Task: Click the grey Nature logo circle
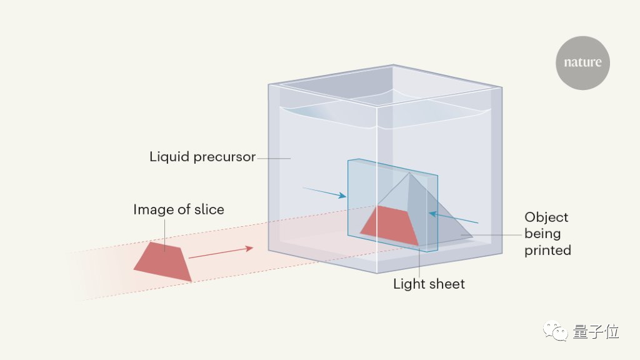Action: coord(582,62)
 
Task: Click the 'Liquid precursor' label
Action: coord(202,157)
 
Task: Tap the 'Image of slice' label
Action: coord(178,210)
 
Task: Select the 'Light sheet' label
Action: coord(429,284)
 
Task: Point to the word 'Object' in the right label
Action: coord(546,217)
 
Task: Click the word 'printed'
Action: coord(547,251)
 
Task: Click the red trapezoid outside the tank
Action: coord(162,261)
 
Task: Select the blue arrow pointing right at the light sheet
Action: coord(324,191)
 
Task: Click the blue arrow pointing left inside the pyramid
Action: coord(452,218)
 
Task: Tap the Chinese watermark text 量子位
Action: coord(596,332)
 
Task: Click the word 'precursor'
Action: coord(225,157)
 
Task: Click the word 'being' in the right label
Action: coord(542,234)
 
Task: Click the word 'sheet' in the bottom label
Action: coord(446,284)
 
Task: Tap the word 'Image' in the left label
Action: coord(153,210)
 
